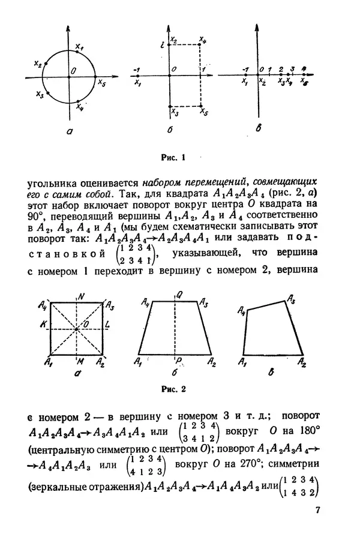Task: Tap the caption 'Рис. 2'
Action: [x=174, y=388]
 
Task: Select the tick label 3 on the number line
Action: [x=292, y=70]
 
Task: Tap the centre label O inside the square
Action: [x=86, y=325]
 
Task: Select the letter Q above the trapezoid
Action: [x=178, y=295]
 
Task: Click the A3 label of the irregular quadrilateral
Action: [x=290, y=298]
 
